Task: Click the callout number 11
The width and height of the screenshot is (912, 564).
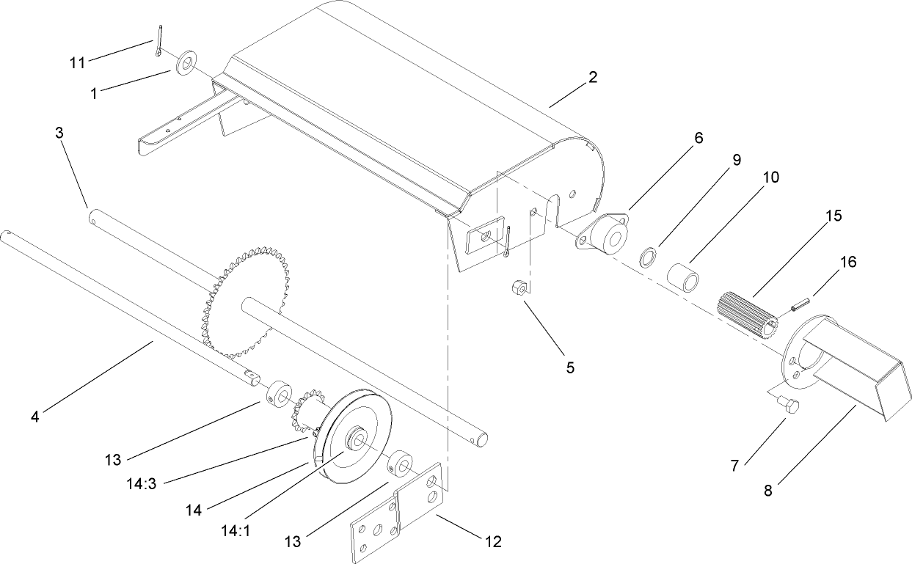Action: [x=77, y=63]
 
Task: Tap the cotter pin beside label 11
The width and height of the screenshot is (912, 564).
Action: [x=158, y=41]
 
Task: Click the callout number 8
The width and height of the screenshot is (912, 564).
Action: [x=768, y=491]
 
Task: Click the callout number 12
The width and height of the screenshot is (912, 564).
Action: [x=492, y=542]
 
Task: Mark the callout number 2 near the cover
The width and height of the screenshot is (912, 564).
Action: [x=593, y=77]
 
